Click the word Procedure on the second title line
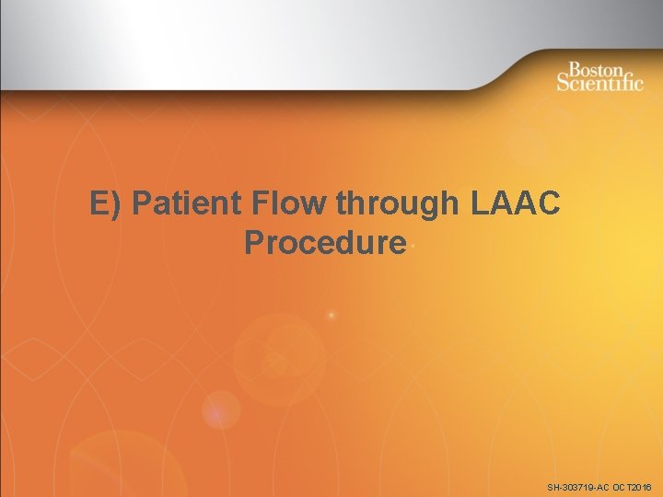(325, 243)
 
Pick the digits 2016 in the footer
(640, 486)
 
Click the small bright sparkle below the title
(331, 316)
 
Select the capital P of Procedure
(255, 243)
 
